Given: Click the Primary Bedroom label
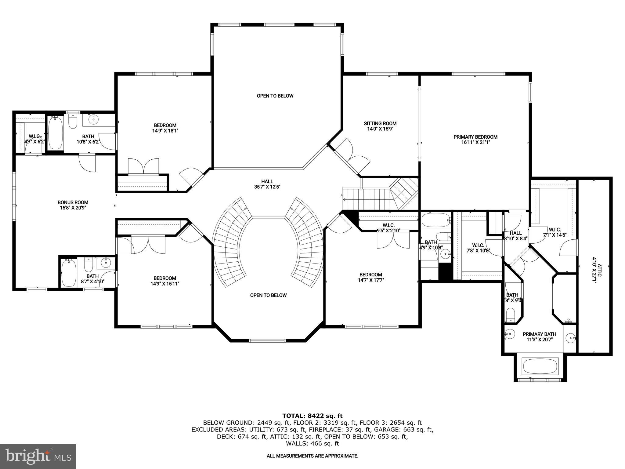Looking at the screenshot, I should click(x=475, y=137).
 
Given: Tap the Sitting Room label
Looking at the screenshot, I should click(x=380, y=123).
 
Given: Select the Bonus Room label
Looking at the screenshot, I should click(x=73, y=202).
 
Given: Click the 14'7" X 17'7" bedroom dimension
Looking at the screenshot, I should click(x=370, y=280).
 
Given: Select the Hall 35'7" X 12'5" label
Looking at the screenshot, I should click(x=267, y=184).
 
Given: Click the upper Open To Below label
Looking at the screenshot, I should click(x=275, y=96).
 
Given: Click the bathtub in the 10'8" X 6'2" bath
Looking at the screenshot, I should click(x=55, y=133).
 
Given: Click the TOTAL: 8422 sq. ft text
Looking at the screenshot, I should click(x=312, y=416).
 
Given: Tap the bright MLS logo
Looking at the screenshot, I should click(x=38, y=456).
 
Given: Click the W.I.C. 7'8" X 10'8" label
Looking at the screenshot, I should click(x=478, y=248).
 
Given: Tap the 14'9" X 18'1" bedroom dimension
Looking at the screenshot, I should click(x=165, y=131).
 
